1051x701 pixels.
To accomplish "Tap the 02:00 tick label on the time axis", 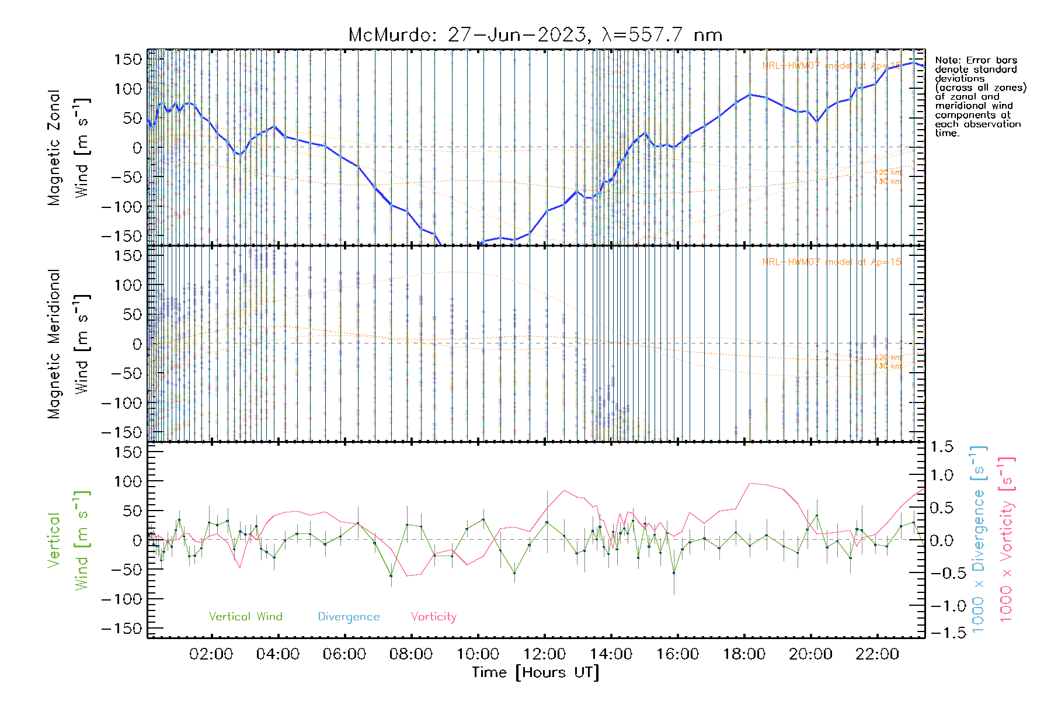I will (x=211, y=654).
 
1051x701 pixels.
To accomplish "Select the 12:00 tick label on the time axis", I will (x=544, y=654).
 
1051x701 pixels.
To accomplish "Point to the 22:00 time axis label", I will (x=877, y=654).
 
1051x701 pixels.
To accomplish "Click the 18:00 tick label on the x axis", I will (x=744, y=654).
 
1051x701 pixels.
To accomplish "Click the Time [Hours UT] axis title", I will (x=535, y=672).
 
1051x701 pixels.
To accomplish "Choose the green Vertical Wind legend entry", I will (x=245, y=617).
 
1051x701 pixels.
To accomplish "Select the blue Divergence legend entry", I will (x=349, y=617).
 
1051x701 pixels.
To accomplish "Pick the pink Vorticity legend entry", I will (x=433, y=617).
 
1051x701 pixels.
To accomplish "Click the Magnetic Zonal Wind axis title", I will (x=68, y=148).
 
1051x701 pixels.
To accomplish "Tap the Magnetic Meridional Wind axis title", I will (x=68, y=344).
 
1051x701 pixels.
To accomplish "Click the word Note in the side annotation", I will (x=946, y=61).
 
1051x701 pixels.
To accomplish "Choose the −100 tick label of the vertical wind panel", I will (x=121, y=599).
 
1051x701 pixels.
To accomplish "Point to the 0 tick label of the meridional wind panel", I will (x=137, y=344).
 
